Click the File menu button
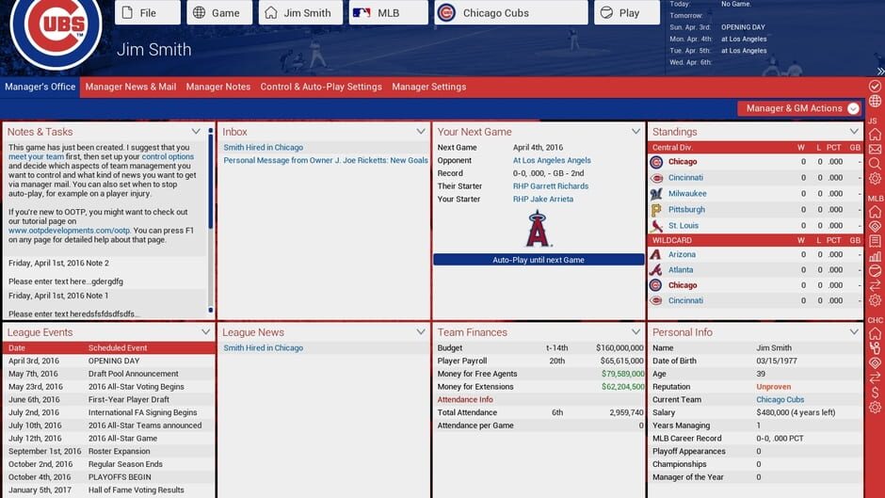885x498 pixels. [x=148, y=13]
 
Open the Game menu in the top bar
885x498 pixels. [x=218, y=13]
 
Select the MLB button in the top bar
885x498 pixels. [x=388, y=13]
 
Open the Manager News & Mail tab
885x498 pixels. [x=131, y=87]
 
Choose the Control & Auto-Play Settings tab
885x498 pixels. [x=321, y=87]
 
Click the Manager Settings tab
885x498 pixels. [x=428, y=87]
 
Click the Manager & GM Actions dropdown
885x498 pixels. [x=799, y=108]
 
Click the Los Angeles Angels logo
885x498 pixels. [x=539, y=229]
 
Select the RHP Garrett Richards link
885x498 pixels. [x=551, y=186]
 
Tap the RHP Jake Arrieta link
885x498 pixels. [x=544, y=199]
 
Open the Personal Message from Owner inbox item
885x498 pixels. [x=326, y=160]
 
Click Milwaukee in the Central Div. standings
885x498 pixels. [x=687, y=194]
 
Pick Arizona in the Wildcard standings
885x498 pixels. [x=682, y=255]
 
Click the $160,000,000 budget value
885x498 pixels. [x=619, y=348]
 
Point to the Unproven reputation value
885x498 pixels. [x=773, y=387]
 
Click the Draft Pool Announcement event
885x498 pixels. [x=134, y=374]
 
